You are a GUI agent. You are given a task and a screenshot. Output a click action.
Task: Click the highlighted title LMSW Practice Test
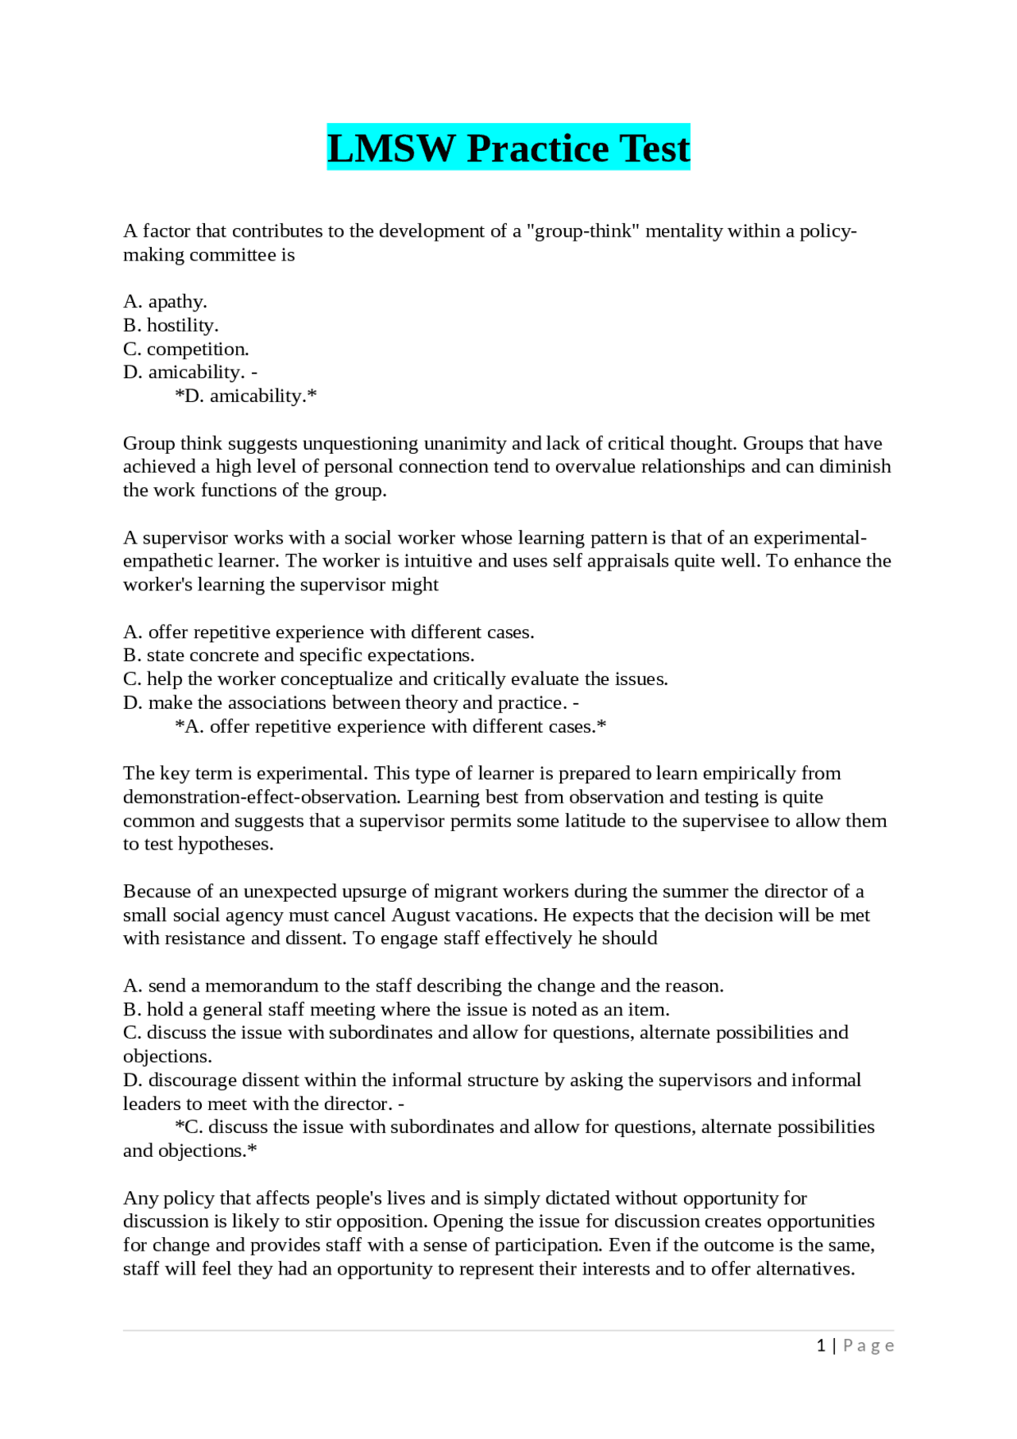click(x=508, y=148)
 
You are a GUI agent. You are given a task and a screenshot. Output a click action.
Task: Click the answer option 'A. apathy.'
click(x=165, y=302)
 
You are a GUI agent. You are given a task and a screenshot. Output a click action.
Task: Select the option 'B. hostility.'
click(x=171, y=326)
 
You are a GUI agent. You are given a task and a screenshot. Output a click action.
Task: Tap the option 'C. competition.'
click(x=186, y=350)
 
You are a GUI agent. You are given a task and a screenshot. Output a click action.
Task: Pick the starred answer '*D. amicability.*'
click(x=246, y=396)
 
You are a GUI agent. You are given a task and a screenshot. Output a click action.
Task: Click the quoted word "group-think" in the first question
click(x=583, y=231)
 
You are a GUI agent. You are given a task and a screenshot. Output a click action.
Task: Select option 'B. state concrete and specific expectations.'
click(x=299, y=656)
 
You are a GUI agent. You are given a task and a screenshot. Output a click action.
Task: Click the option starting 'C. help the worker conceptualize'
click(x=395, y=679)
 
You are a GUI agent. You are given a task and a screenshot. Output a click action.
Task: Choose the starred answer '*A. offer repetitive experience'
click(x=390, y=727)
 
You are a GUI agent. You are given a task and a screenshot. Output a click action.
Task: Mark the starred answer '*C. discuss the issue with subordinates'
click(x=524, y=1128)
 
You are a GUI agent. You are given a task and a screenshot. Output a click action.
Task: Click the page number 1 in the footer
click(x=821, y=1345)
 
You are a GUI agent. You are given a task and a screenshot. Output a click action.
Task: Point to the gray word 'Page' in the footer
click(x=868, y=1345)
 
